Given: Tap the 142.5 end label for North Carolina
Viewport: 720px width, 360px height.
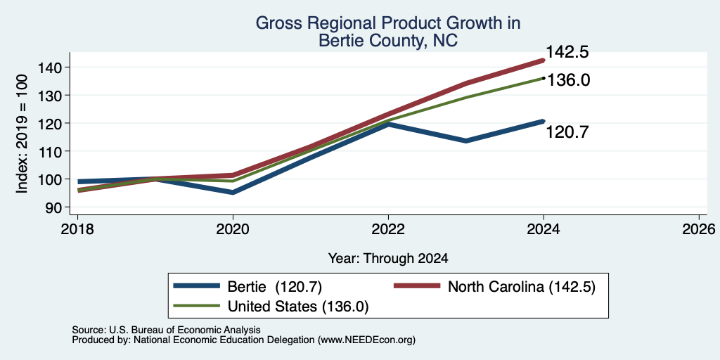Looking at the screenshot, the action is click(x=567, y=52).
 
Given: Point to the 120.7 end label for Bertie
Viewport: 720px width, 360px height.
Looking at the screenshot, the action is click(x=567, y=132).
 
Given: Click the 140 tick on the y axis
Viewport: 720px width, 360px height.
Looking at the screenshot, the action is click(x=57, y=67).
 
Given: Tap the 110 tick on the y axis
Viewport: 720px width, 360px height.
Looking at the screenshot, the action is click(x=57, y=151).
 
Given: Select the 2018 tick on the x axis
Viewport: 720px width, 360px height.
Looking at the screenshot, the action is click(x=77, y=229).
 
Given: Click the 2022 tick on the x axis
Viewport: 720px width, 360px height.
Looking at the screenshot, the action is click(x=388, y=229).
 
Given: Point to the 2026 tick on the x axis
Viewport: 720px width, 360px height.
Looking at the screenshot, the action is click(x=699, y=229).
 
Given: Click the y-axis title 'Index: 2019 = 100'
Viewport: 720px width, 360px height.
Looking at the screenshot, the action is click(x=22, y=134).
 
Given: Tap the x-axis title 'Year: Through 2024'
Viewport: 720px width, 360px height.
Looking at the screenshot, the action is click(x=388, y=259).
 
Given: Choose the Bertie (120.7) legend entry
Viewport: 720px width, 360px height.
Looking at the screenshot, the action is click(x=247, y=287).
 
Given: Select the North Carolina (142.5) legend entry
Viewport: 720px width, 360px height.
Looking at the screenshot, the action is click(x=494, y=287).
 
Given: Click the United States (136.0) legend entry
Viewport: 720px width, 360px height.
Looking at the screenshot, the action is click(x=271, y=307).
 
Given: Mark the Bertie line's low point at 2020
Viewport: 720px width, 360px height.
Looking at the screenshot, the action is click(x=233, y=193).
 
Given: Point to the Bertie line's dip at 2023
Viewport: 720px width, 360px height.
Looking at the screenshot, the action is click(x=466, y=141).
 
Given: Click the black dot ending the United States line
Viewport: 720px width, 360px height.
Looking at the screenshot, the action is click(x=544, y=78).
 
